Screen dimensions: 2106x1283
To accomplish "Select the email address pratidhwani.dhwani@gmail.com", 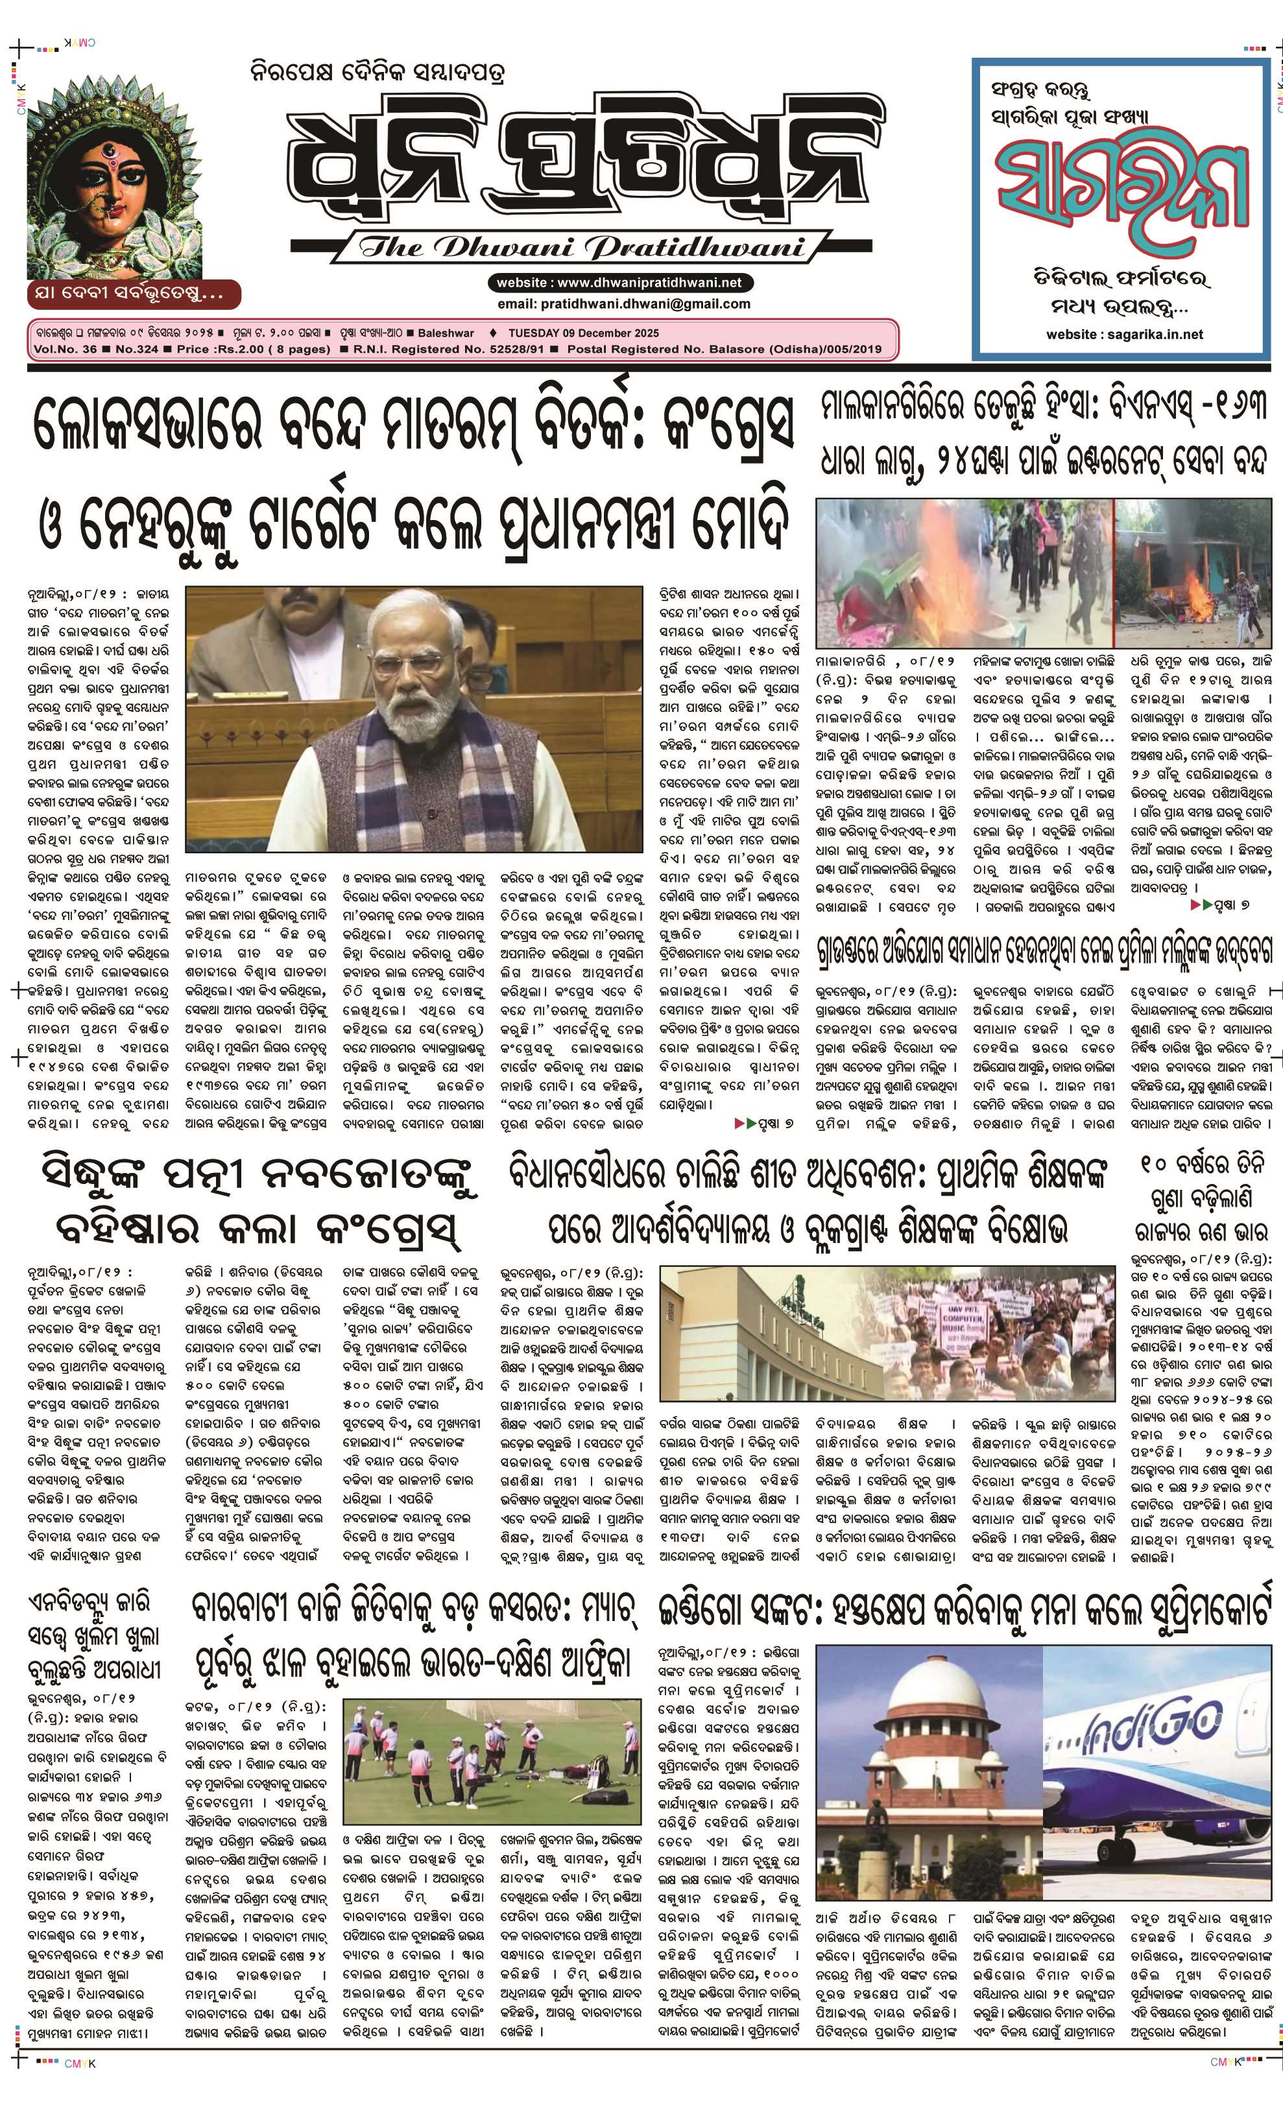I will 624,303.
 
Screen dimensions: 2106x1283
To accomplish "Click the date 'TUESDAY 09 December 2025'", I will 584,333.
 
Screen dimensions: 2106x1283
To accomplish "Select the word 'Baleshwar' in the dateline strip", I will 446,333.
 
